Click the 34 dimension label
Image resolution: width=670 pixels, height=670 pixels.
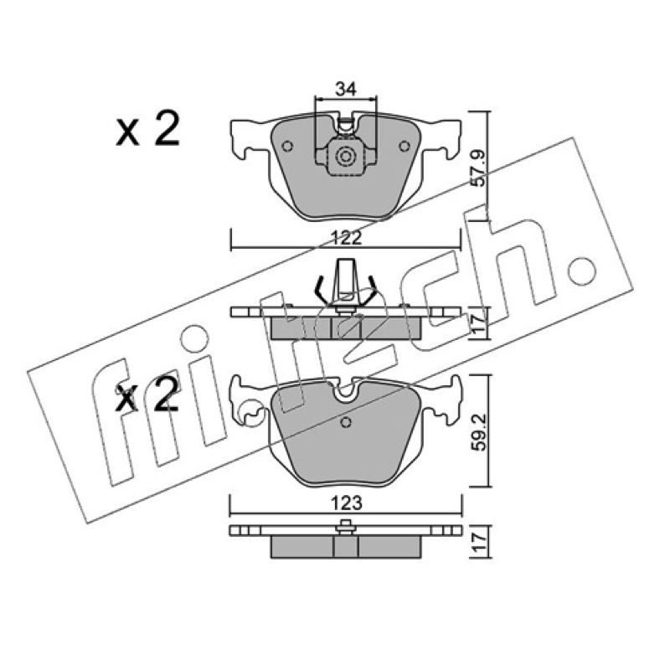[346, 90]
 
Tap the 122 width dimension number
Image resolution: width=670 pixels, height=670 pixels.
[346, 238]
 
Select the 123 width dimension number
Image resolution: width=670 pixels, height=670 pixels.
[347, 503]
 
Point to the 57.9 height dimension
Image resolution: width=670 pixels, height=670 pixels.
[479, 167]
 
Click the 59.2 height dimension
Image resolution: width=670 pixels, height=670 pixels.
[479, 431]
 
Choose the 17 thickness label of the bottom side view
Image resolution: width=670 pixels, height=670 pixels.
[479, 542]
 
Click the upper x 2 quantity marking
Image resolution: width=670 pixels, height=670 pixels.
[148, 130]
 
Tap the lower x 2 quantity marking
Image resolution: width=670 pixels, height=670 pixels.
[147, 394]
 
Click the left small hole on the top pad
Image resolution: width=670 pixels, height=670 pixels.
[287, 147]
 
